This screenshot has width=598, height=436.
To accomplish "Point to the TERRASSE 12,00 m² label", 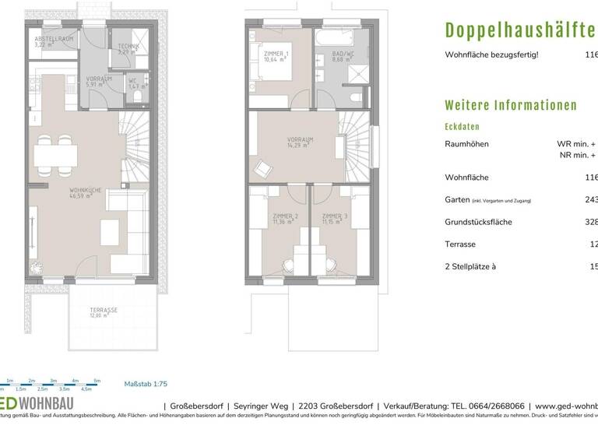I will tap(103, 313).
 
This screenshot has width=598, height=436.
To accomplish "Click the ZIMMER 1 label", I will tap(276, 56).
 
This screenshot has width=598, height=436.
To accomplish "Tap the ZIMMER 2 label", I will tap(286, 218).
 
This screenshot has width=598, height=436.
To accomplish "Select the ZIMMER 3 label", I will tap(335, 218).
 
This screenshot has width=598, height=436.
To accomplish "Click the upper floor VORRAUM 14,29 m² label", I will tap(300, 142).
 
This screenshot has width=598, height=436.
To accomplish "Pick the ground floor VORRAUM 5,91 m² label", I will tap(100, 82).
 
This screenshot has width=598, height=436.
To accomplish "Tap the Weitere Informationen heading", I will tap(510, 105).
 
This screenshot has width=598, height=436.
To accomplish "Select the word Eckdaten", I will tap(462, 127).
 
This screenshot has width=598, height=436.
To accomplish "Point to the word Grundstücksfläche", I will tap(478, 222).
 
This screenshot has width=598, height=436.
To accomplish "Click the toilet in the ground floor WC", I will tap(137, 96).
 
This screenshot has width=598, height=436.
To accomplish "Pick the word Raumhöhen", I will tap(467, 144).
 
